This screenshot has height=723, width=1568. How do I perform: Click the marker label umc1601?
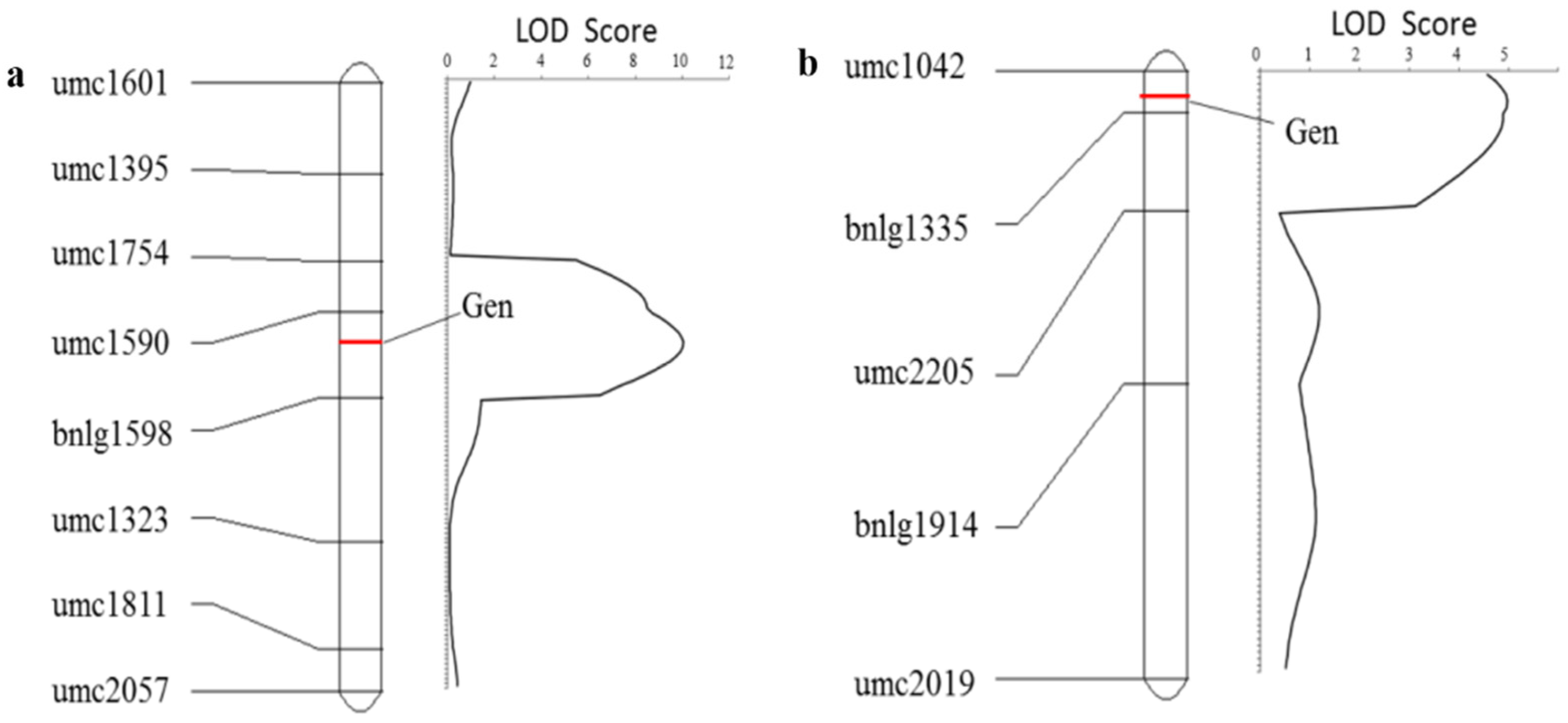(x=110, y=83)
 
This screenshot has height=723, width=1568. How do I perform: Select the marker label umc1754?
(x=110, y=253)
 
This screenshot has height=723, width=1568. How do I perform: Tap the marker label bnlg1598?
(x=112, y=434)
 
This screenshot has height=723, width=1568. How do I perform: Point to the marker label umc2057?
(x=110, y=691)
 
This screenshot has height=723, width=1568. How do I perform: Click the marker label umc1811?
(x=110, y=605)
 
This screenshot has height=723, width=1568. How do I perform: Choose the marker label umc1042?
(x=904, y=66)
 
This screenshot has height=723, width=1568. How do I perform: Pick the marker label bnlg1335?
(x=906, y=229)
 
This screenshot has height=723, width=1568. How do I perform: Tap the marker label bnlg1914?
(x=915, y=525)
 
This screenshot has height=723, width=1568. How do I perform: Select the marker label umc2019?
(x=914, y=684)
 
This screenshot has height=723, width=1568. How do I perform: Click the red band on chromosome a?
(x=360, y=342)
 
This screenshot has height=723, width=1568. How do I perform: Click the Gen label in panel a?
(x=487, y=306)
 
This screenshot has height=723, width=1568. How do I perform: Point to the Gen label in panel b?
(x=1311, y=132)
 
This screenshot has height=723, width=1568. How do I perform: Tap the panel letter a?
(x=16, y=77)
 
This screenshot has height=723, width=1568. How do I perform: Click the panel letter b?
(x=807, y=64)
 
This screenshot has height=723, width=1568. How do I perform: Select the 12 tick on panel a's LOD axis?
(x=725, y=61)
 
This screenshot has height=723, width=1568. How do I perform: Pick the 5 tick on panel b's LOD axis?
(x=1504, y=55)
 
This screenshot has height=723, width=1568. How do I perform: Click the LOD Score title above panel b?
(x=1403, y=25)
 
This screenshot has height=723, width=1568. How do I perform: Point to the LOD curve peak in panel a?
(x=683, y=343)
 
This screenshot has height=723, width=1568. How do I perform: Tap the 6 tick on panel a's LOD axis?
(x=587, y=61)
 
